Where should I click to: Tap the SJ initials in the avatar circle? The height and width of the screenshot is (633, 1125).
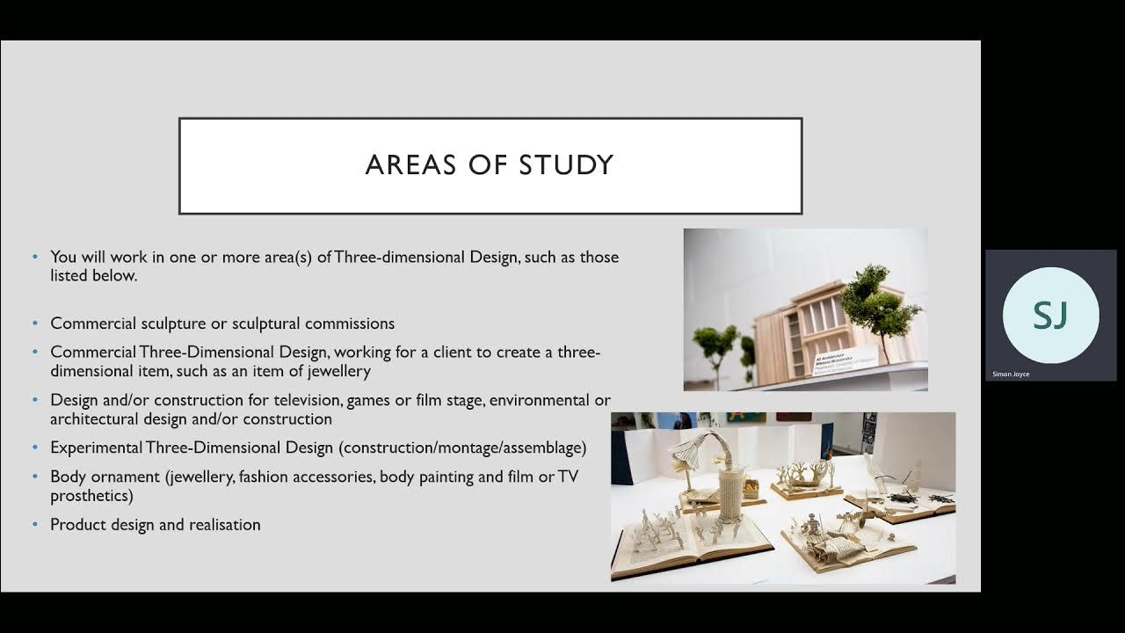click(x=1050, y=315)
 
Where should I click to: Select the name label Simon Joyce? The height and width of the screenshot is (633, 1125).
click(x=1011, y=375)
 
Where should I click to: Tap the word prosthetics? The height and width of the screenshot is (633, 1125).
click(x=91, y=496)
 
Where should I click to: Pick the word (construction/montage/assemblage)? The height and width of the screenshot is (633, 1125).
click(x=462, y=447)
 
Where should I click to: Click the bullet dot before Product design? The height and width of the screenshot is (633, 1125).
click(x=35, y=525)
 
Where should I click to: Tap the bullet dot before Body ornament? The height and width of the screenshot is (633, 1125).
click(x=35, y=477)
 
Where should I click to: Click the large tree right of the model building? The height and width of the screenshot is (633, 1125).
click(x=875, y=299)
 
